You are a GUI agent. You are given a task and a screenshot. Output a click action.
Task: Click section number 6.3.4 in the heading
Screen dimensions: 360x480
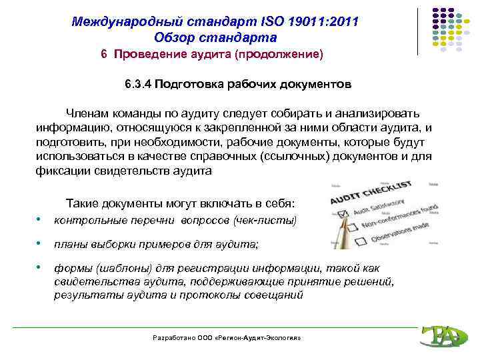click(x=138, y=85)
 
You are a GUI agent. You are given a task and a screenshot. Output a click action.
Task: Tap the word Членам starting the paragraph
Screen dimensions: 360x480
click(x=87, y=113)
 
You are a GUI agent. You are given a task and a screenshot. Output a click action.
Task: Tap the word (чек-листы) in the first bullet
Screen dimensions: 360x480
click(x=266, y=220)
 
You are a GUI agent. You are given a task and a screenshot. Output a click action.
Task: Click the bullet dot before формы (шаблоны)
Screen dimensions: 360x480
click(x=41, y=267)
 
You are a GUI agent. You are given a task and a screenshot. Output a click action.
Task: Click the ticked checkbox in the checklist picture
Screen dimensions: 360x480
click(x=344, y=214)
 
